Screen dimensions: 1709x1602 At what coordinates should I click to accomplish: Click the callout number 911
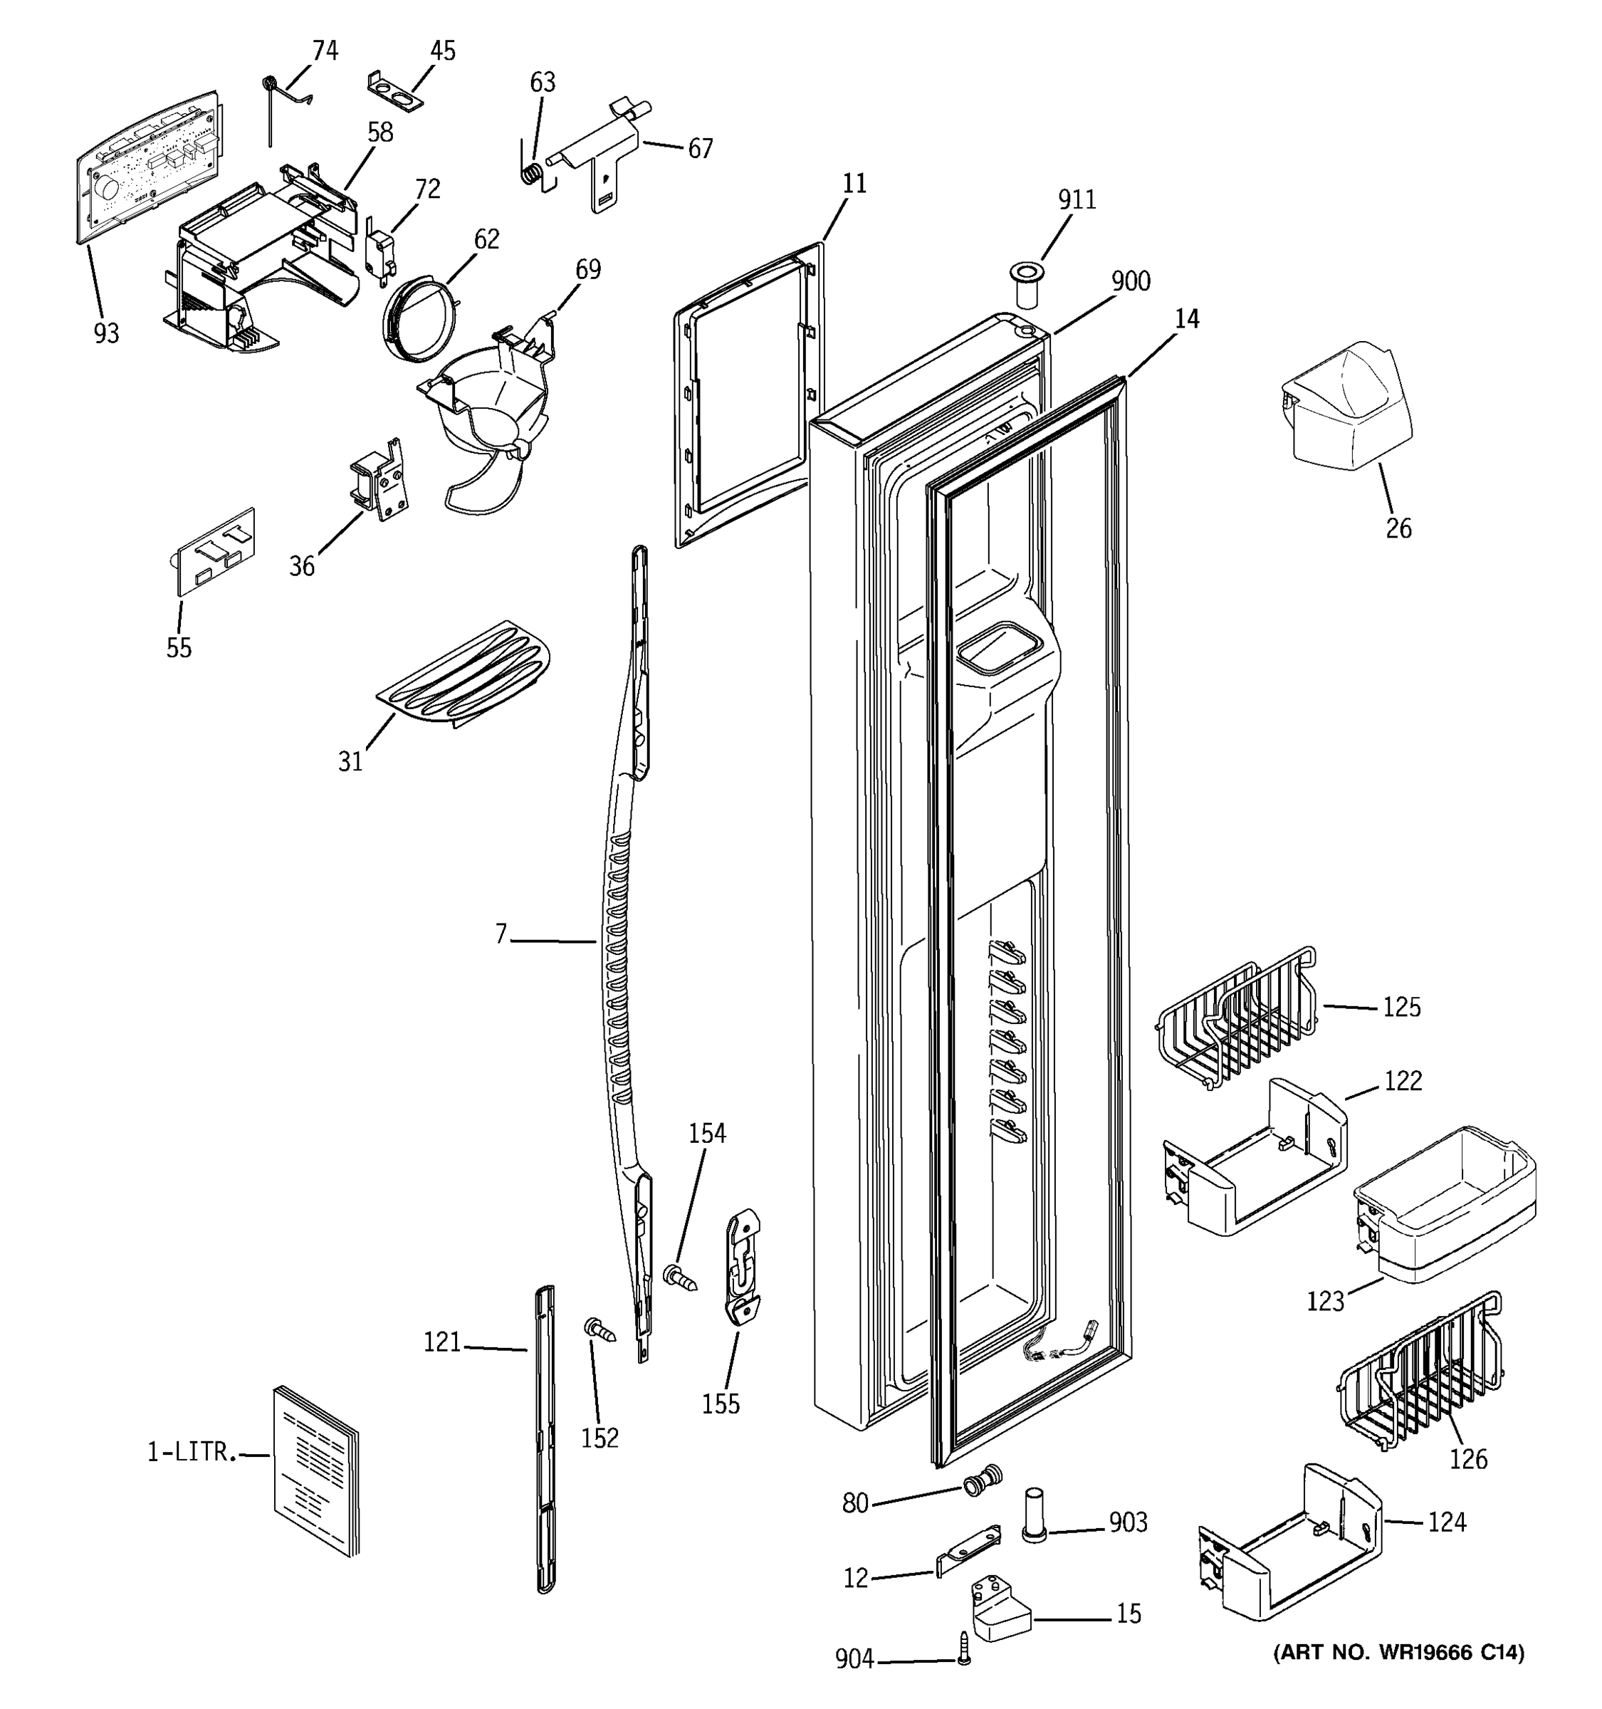(1076, 199)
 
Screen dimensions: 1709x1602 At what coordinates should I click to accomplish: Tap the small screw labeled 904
(963, 1660)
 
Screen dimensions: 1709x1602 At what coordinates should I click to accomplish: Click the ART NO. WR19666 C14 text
(1398, 1651)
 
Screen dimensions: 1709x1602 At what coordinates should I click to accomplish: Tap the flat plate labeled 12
(968, 1550)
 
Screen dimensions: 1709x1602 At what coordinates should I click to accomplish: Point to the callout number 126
(1468, 1459)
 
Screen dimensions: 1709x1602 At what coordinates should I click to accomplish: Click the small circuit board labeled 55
(215, 551)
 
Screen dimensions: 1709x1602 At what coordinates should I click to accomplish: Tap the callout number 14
(1186, 319)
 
